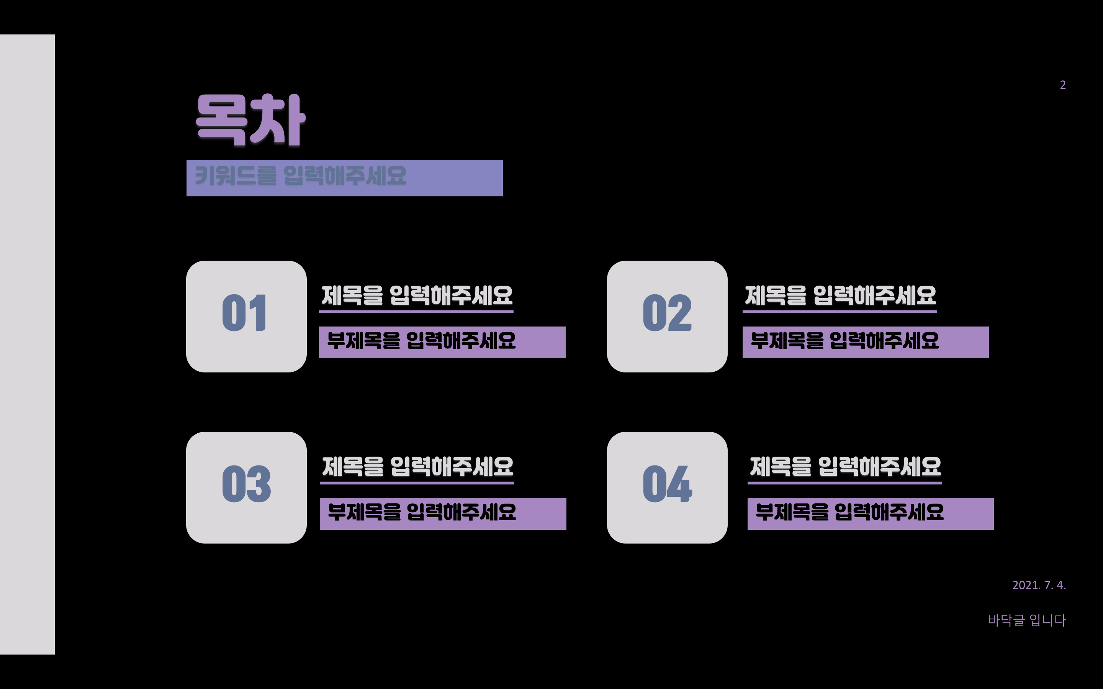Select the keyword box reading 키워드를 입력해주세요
click(x=344, y=178)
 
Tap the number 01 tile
click(x=246, y=316)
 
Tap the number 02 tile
click(x=667, y=316)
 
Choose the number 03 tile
click(x=246, y=487)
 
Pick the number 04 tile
click(x=667, y=487)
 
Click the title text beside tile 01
click(x=417, y=295)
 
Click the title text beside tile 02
click(x=840, y=295)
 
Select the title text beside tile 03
click(x=417, y=466)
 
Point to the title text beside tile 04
click(x=845, y=466)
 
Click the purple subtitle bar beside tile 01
click(x=442, y=342)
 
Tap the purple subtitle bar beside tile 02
click(x=865, y=342)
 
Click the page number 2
click(x=1062, y=85)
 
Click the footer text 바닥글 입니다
click(x=1026, y=620)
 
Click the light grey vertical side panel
click(x=27, y=344)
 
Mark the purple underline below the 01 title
click(x=416, y=312)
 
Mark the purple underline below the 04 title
click(x=844, y=483)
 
